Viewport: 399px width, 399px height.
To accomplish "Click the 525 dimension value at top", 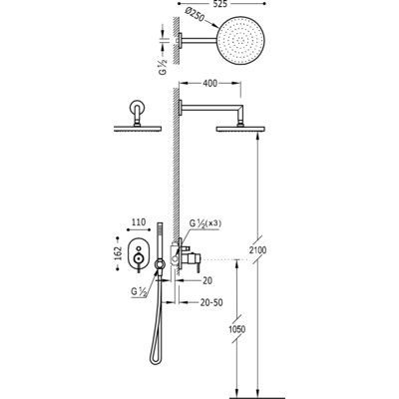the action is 221,4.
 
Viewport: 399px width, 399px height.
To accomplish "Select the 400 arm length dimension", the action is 209,83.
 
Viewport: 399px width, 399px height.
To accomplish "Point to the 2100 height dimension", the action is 257,249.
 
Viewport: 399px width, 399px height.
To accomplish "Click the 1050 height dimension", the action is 237,329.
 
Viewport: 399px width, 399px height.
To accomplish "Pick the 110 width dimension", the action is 139,221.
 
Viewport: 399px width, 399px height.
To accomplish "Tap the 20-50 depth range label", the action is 211,302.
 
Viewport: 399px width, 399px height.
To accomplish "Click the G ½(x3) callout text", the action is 205,223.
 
